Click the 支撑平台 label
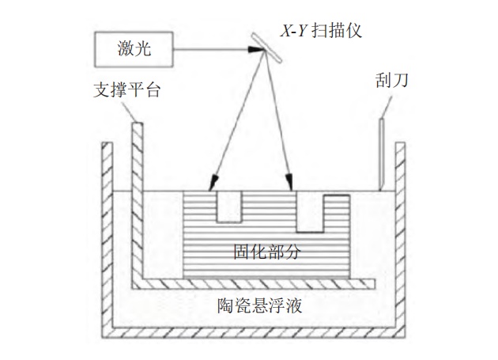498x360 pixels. tap(126, 91)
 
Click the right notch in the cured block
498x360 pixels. tap(313, 211)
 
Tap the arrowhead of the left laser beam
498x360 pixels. tap(213, 185)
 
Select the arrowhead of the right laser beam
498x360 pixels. tap(292, 185)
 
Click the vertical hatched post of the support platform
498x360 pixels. tap(137, 198)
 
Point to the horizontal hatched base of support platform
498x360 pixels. tap(253, 282)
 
